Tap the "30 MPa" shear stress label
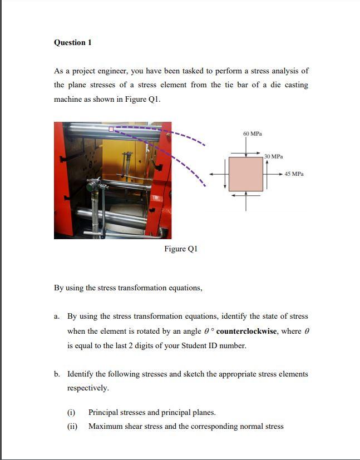tap(273, 157)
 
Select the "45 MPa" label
tap(294, 174)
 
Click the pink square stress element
tap(246, 174)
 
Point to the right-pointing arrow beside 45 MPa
tap(273, 174)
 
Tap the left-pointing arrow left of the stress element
tap(219, 174)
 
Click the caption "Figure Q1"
tap(181, 249)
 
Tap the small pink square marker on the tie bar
tap(111, 129)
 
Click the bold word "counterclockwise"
tap(246, 331)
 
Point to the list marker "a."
tap(57, 316)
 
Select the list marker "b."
tap(57, 374)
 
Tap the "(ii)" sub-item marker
tap(72, 427)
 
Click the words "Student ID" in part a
tap(193, 345)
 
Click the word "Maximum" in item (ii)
tap(104, 427)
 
